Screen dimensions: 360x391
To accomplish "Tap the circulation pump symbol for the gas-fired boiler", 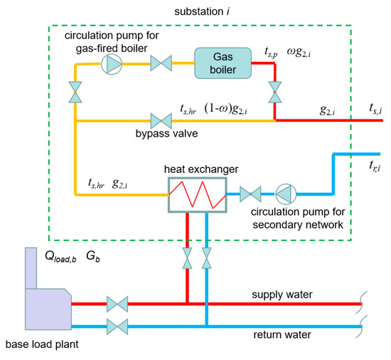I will [x=113, y=63].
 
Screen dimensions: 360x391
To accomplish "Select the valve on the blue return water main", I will [x=117, y=328].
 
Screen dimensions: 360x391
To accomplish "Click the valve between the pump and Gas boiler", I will [x=159, y=63].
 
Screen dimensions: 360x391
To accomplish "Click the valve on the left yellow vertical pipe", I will [x=75, y=92].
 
